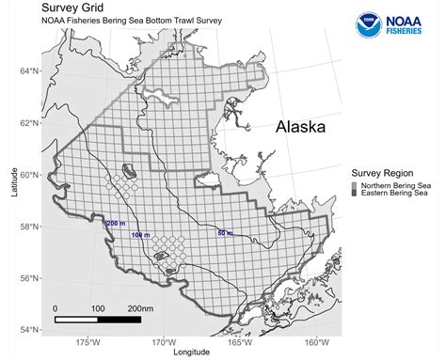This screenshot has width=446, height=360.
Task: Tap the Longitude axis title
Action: point(192,353)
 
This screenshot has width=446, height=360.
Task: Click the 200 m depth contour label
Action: point(115,223)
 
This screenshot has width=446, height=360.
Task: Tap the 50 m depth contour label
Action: point(225,232)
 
